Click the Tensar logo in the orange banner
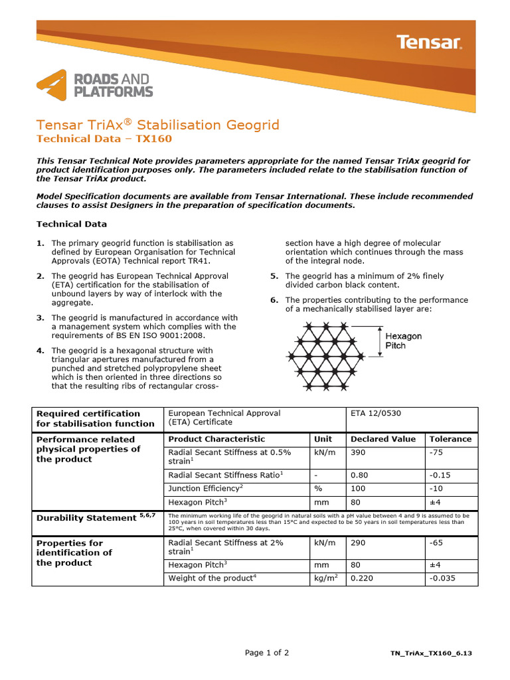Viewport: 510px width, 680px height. point(429,42)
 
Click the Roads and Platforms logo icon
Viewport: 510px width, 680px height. point(51,84)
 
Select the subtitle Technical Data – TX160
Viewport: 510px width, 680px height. point(104,139)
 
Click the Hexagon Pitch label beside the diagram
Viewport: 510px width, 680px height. point(404,341)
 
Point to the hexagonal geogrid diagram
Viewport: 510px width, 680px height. point(326,357)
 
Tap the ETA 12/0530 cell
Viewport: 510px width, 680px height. point(375,413)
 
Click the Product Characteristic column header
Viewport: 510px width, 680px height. point(216,439)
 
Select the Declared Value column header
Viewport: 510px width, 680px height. point(382,439)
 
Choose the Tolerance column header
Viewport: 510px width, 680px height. point(450,439)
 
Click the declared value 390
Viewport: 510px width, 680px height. point(359,452)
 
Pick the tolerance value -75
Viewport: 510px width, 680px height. point(436,452)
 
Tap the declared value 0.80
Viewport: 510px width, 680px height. point(359,475)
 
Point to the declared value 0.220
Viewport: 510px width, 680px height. point(363,578)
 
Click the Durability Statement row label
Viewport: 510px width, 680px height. point(86,517)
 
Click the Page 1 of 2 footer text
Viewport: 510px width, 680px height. point(267,653)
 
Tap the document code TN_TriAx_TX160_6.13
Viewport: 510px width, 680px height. point(431,654)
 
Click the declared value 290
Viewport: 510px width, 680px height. point(359,543)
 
